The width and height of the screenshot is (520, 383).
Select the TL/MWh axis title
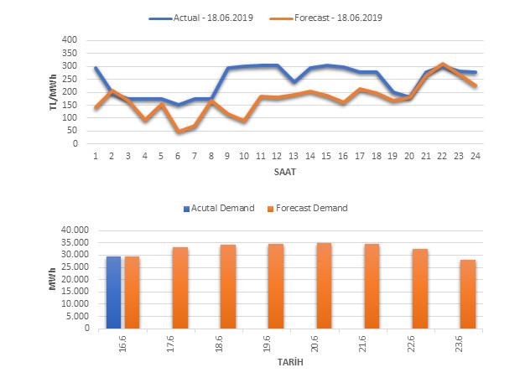53,91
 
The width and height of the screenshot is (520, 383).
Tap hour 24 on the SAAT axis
475,155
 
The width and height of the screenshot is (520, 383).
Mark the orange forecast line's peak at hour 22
442,64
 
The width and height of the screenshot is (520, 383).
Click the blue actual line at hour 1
96,68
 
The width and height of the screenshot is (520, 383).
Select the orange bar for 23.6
467,293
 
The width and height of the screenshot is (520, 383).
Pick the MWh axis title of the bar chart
53,279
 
